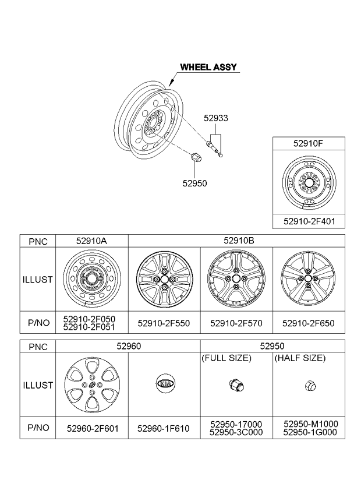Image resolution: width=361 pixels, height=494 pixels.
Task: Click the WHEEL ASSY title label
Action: click(208, 67)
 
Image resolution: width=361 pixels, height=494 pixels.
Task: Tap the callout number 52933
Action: click(216, 118)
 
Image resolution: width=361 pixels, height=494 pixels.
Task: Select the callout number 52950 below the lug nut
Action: click(194, 184)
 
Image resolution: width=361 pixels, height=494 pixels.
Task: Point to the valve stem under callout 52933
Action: click(214, 148)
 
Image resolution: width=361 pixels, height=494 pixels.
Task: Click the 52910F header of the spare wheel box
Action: click(308, 144)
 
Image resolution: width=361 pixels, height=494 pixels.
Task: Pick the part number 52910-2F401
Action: click(309, 221)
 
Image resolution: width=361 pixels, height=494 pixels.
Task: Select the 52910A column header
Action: click(91, 241)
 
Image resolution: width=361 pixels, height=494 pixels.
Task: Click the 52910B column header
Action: click(239, 241)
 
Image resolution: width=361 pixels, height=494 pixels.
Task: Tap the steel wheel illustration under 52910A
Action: click(91, 278)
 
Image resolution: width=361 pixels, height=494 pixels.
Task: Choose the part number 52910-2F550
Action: click(164, 323)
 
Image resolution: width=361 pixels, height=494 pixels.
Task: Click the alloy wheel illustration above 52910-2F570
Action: click(236, 278)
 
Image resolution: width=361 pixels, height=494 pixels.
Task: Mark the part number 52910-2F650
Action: click(309, 323)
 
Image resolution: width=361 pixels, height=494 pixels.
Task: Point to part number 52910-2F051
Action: click(89, 327)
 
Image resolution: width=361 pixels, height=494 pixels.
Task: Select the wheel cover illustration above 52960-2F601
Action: click(92, 384)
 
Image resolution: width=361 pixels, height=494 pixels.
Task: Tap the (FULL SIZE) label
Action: click(226, 358)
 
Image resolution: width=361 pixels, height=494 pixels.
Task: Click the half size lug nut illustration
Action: click(310, 385)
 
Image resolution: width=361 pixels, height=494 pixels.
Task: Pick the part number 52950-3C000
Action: click(236, 432)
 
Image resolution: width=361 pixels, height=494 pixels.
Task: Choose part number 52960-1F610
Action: click(164, 429)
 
